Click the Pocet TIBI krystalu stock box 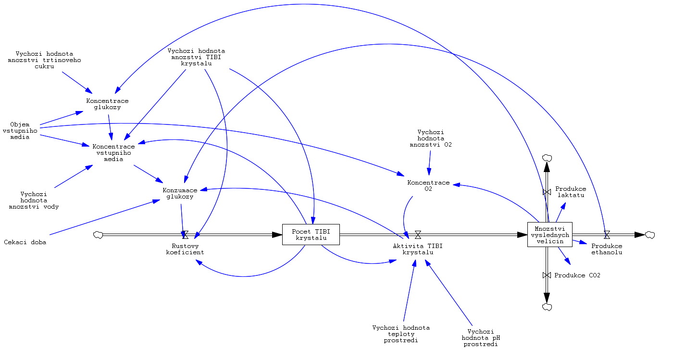pyautogui.click(x=311, y=234)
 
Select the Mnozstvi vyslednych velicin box pyautogui.click(x=549, y=235)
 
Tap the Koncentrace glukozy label pyautogui.click(x=107, y=104)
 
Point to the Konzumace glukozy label pyautogui.click(x=180, y=193)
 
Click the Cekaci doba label pyautogui.click(x=25, y=242)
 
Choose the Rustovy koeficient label pyautogui.click(x=185, y=249)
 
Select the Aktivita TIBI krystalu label pyautogui.click(x=417, y=249)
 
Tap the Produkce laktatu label pyautogui.click(x=571, y=192)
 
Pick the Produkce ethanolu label pyautogui.click(x=607, y=249)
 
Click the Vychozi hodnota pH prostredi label pyautogui.click(x=481, y=338)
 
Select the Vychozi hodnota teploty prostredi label pyautogui.click(x=401, y=334)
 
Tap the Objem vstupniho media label pyautogui.click(x=20, y=131)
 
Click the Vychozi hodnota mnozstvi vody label pyautogui.click(x=34, y=200)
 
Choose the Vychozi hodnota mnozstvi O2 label pyautogui.click(x=431, y=138)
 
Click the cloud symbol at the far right pyautogui.click(x=650, y=235)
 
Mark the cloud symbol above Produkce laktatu pyautogui.click(x=547, y=158)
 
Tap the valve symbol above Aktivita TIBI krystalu pyautogui.click(x=418, y=235)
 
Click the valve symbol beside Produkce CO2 pyautogui.click(x=547, y=275)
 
